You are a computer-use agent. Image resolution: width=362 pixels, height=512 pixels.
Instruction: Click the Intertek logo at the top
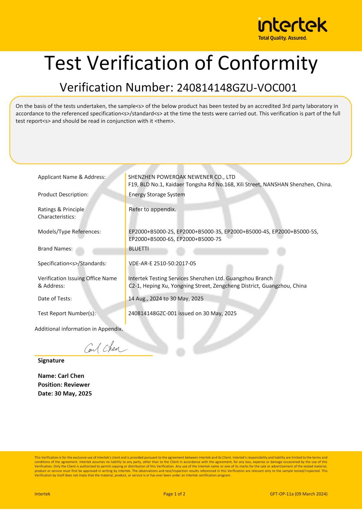pyautogui.click(x=292, y=25)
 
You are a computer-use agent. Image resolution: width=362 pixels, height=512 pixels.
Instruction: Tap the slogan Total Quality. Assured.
pyautogui.click(x=283, y=38)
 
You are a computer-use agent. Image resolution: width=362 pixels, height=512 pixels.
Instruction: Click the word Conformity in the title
pyautogui.click(x=267, y=63)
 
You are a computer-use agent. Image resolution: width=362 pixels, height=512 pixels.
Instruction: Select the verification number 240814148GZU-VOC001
pyautogui.click(x=237, y=88)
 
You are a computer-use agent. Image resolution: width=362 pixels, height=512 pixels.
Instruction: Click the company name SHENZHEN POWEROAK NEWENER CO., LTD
pyautogui.click(x=182, y=177)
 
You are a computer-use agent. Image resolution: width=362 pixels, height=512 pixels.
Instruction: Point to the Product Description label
pyautogui.click(x=63, y=194)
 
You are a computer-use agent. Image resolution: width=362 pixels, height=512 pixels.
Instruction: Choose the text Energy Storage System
pyautogui.click(x=157, y=194)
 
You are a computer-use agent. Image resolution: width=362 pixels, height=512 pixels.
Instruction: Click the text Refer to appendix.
pyautogui.click(x=152, y=209)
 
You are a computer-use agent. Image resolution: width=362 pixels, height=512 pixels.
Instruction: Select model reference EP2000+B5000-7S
pyautogui.click(x=199, y=239)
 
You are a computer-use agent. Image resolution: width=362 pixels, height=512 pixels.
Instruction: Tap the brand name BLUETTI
pyautogui.click(x=139, y=249)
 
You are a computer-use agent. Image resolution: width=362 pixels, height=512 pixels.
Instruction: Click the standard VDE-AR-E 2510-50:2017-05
pyautogui.click(x=162, y=264)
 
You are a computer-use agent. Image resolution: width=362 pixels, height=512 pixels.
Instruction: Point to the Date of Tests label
pyautogui.click(x=55, y=298)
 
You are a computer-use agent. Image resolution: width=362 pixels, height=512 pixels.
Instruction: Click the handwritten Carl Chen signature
pyautogui.click(x=105, y=348)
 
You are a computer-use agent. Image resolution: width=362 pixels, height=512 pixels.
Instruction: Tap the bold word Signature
pyautogui.click(x=51, y=360)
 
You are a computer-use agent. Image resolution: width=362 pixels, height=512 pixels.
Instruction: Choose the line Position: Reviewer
pyautogui.click(x=64, y=385)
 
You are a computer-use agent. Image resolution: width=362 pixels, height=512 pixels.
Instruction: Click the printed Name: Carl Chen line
pyautogui.click(x=61, y=376)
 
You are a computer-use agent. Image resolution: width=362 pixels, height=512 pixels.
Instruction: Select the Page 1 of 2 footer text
pyautogui.click(x=174, y=494)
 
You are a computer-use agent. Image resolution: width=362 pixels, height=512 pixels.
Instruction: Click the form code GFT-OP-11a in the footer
pyautogui.click(x=282, y=494)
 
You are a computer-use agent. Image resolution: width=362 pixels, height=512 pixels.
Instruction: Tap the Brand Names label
pyautogui.click(x=55, y=249)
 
